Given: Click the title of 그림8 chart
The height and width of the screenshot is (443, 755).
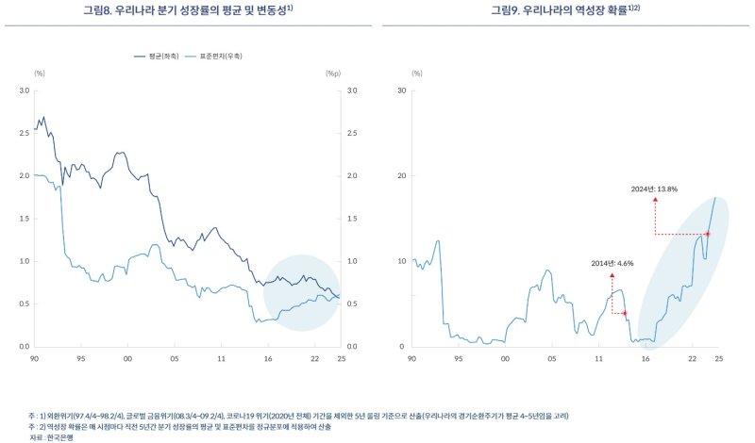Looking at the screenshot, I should point(190,10).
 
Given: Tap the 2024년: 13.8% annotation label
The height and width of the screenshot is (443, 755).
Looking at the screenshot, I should point(655,189).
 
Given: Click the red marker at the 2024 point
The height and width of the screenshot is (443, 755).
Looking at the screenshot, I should point(707,234).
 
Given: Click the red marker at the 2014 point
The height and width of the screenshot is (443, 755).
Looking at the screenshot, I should point(624,313).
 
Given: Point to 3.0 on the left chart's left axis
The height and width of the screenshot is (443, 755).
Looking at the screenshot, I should point(25,90).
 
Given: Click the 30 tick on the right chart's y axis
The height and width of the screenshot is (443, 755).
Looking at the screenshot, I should point(402,90).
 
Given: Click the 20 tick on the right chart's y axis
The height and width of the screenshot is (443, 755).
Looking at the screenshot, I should point(402,176).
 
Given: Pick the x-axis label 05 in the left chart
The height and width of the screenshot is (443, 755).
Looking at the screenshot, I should point(175,359).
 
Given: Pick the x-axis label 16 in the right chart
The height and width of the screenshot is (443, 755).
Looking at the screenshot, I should point(646,359).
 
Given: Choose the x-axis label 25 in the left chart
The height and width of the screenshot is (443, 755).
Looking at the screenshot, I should point(339,359).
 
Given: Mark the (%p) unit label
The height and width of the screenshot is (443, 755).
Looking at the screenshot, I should point(332,73).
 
